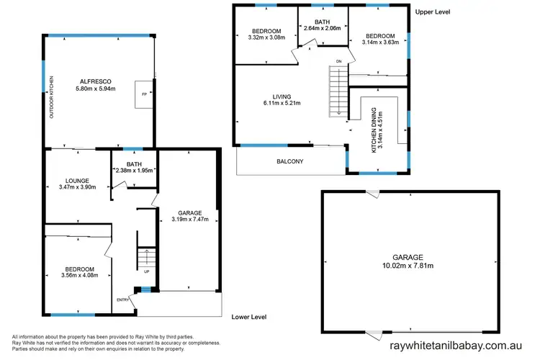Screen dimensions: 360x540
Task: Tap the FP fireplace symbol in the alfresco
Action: pos(144,94)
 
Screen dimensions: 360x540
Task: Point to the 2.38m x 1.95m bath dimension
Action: pos(135,171)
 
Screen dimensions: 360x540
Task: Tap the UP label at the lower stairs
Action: pos(146,271)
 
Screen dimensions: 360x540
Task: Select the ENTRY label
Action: pos(123,299)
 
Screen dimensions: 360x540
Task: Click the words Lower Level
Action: pos(251,317)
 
